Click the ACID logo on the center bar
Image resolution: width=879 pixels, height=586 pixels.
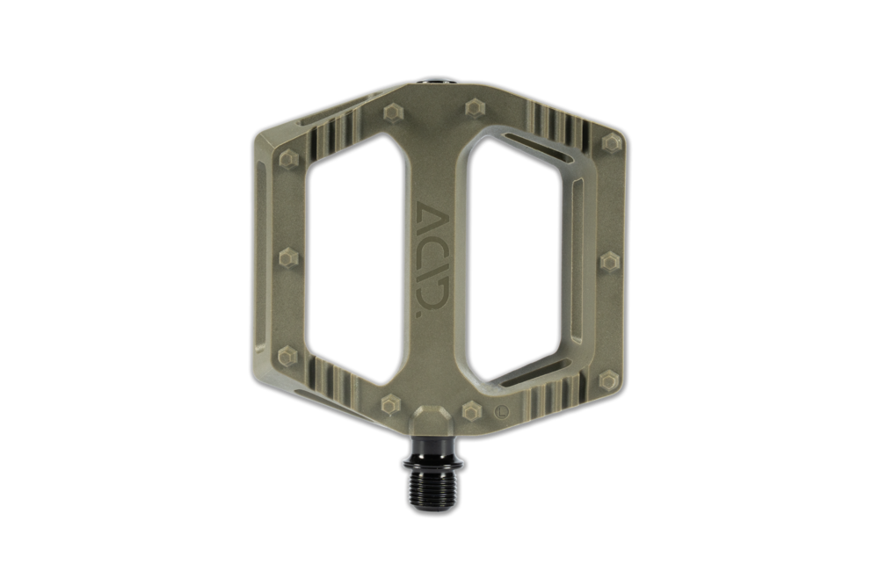(x=432, y=260)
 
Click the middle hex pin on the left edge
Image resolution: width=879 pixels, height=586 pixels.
(x=288, y=257)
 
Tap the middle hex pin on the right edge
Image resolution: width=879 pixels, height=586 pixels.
(x=611, y=262)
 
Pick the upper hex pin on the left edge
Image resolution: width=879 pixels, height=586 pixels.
(x=288, y=160)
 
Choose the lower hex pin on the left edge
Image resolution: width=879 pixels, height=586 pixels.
(x=287, y=356)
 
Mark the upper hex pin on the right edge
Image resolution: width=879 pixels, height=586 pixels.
(x=611, y=142)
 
